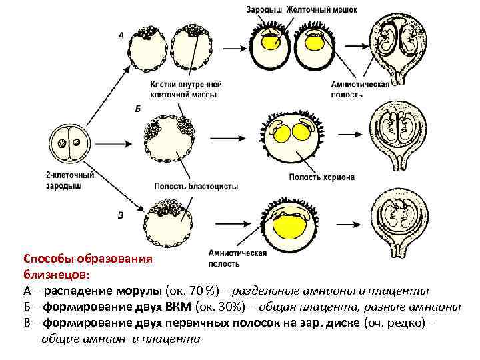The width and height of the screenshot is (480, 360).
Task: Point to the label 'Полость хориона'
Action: [x=321, y=177]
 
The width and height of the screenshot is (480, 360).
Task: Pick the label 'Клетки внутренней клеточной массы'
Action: [x=186, y=89]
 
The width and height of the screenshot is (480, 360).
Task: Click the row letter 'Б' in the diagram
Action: [x=138, y=109]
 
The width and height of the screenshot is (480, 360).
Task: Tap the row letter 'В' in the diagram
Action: [x=120, y=215]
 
